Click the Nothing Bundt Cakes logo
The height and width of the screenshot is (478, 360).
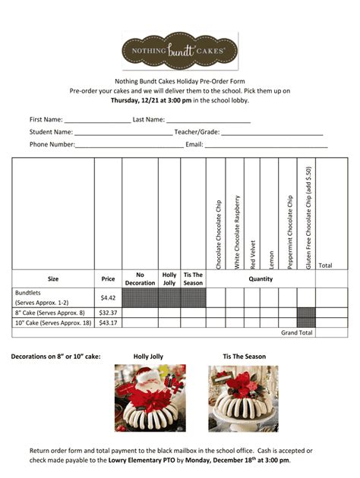pyautogui.click(x=180, y=50)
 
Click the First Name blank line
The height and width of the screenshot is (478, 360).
pyautogui.click(x=97, y=121)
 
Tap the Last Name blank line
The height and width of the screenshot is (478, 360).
pyautogui.click(x=208, y=121)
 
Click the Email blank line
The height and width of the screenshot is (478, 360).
pyautogui.click(x=266, y=146)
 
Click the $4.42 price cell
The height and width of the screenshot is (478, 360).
pyautogui.click(x=108, y=297)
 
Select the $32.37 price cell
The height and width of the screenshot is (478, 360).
pyautogui.click(x=108, y=313)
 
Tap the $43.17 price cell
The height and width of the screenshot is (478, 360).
pyautogui.click(x=108, y=322)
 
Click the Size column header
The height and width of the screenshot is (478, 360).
pyautogui.click(x=53, y=278)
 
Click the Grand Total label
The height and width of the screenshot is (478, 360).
pyautogui.click(x=296, y=332)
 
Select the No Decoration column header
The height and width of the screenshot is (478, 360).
pyautogui.click(x=140, y=278)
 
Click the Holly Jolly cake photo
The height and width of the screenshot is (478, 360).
pyautogui.click(x=150, y=398)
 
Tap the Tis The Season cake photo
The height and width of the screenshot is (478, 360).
pyautogui.click(x=243, y=398)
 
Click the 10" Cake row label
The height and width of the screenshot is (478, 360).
pyautogui.click(x=52, y=322)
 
